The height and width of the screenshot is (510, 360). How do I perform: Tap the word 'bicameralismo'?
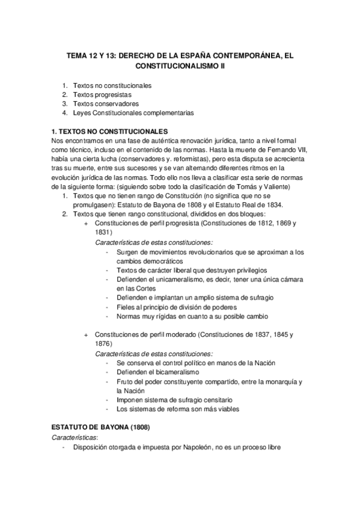(178, 373)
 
